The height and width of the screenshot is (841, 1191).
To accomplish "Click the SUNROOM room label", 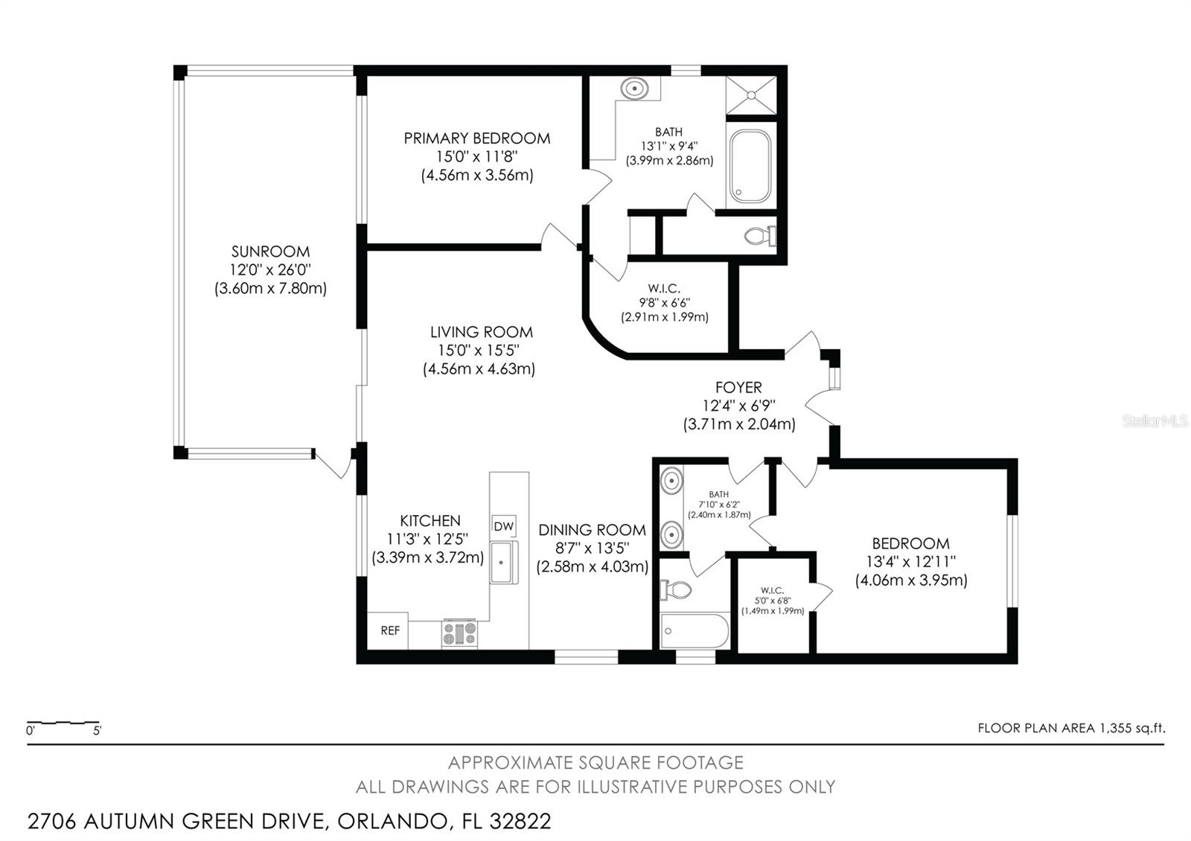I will (x=270, y=252).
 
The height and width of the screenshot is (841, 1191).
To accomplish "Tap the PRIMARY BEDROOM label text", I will (x=476, y=138).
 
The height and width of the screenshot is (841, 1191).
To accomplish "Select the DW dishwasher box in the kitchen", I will (x=504, y=526).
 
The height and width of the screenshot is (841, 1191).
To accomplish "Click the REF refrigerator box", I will (x=390, y=630).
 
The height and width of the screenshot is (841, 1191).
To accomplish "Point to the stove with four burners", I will (x=459, y=633).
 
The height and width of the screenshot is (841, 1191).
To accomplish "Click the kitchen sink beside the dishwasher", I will (x=503, y=562).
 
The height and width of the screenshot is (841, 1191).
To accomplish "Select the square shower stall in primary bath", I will (x=751, y=95).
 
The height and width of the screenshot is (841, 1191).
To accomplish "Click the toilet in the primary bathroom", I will (x=759, y=237).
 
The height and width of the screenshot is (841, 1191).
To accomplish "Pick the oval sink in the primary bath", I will (x=634, y=89).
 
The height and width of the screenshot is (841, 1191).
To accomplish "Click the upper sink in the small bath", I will (x=672, y=480).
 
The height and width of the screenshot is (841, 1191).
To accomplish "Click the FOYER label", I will (x=738, y=388).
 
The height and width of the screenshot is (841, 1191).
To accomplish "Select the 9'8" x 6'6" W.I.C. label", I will (x=664, y=303).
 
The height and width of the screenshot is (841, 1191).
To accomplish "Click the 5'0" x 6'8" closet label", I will (x=772, y=601).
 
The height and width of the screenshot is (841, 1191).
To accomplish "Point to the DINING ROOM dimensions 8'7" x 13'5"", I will (x=592, y=549).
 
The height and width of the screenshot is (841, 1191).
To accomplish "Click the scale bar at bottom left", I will (x=63, y=723).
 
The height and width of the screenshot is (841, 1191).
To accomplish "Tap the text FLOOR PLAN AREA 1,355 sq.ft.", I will (x=1071, y=728).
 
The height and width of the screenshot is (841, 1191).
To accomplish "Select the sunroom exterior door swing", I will (x=333, y=464).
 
